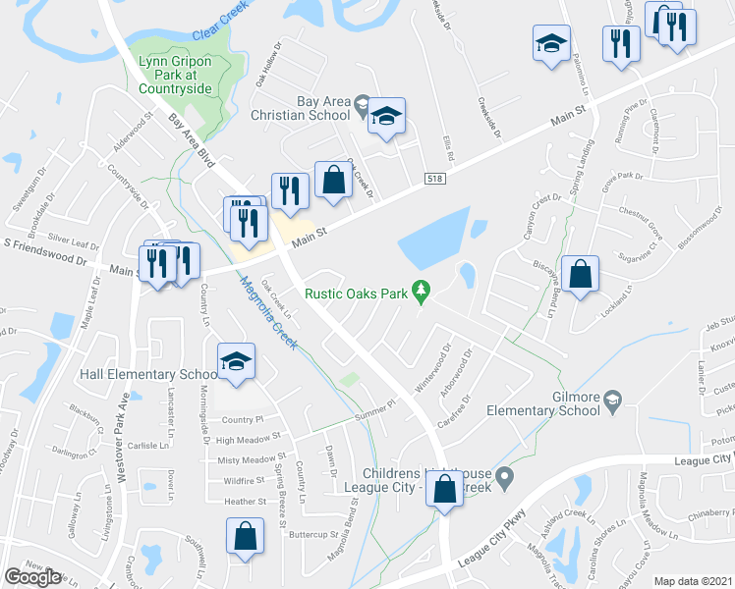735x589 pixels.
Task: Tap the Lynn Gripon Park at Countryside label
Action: click(x=184, y=74)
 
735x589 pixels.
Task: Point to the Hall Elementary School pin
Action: click(x=237, y=362)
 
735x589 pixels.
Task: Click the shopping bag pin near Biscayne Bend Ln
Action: click(x=582, y=277)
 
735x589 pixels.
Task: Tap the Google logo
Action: click(x=32, y=577)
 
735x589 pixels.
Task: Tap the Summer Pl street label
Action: click(x=373, y=411)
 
